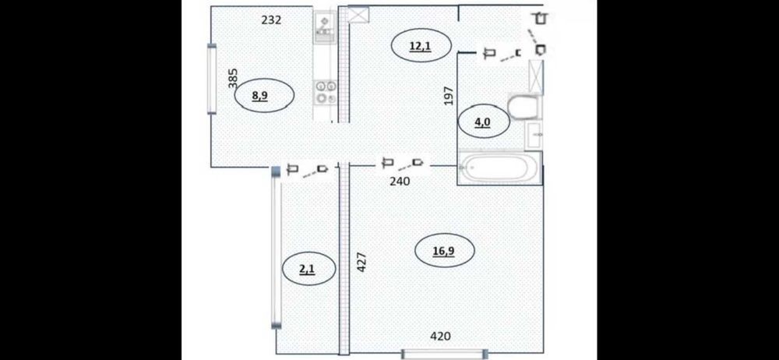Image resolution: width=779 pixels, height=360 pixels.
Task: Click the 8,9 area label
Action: (260, 96)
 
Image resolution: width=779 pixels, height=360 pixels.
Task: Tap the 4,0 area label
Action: (482, 122)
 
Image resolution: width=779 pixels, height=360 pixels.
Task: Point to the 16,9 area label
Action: (444, 251)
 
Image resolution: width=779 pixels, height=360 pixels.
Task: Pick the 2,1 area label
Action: (306, 269)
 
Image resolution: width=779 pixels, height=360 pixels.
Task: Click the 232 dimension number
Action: (271, 20)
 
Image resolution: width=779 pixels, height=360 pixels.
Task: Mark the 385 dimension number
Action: (233, 79)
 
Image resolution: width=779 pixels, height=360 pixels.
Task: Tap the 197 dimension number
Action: (449, 96)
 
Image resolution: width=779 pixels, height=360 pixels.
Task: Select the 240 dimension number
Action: (400, 182)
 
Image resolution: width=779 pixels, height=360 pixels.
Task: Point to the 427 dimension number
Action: (362, 262)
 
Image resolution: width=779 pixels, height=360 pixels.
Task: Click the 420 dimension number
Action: (440, 337)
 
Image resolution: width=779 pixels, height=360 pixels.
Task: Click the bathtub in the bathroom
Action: (499, 168)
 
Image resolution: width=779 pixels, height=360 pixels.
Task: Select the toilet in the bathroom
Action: (523, 107)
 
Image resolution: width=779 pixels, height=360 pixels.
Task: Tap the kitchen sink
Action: (325, 26)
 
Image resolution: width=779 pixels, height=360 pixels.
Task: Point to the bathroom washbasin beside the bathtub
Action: (533, 134)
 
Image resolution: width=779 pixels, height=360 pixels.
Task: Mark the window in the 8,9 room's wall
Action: (212, 79)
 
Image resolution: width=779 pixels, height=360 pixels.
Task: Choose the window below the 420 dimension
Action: (445, 354)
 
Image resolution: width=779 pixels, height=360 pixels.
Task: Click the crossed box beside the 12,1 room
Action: (358, 14)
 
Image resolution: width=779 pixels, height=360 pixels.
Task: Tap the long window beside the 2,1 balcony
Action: (277, 248)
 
